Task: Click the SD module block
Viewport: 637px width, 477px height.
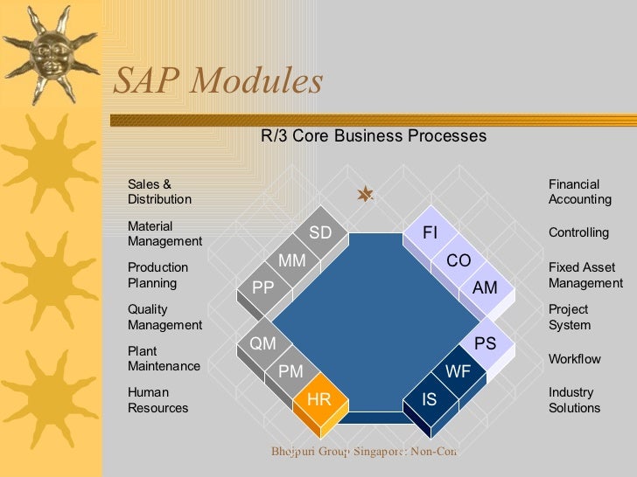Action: (320, 233)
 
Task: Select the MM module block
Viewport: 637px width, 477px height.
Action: (291, 261)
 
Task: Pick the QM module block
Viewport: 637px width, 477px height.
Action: (263, 344)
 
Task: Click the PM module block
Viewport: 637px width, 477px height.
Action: (290, 372)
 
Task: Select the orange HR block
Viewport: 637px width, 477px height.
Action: (319, 400)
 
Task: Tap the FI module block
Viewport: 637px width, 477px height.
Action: (430, 233)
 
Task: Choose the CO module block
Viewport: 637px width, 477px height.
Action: (458, 261)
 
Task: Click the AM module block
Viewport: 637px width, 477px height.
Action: (485, 288)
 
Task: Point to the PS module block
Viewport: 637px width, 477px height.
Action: (485, 344)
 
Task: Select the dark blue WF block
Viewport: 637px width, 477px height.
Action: (458, 372)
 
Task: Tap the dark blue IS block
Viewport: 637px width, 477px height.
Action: (430, 400)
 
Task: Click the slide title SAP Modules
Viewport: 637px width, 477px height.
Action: (218, 82)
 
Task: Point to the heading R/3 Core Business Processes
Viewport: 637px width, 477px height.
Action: (374, 136)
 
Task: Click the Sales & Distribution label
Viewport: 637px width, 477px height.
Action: (159, 192)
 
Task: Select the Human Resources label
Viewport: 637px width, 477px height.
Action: (157, 400)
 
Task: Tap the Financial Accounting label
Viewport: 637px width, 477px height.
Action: (579, 192)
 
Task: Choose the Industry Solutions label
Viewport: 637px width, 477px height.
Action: (574, 400)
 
